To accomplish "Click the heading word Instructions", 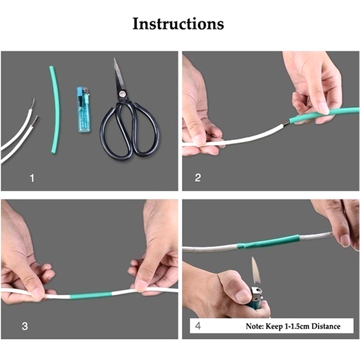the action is (178, 24).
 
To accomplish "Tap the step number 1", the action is (32, 178).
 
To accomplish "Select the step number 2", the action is (198, 178).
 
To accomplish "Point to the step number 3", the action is (25, 326).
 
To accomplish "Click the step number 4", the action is (198, 326).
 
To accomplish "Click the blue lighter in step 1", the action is (84, 110).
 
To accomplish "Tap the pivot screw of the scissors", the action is (122, 93).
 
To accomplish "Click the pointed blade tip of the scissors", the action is (115, 58).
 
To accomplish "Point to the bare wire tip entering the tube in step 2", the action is (287, 123).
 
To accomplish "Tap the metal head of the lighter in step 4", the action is (256, 294).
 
